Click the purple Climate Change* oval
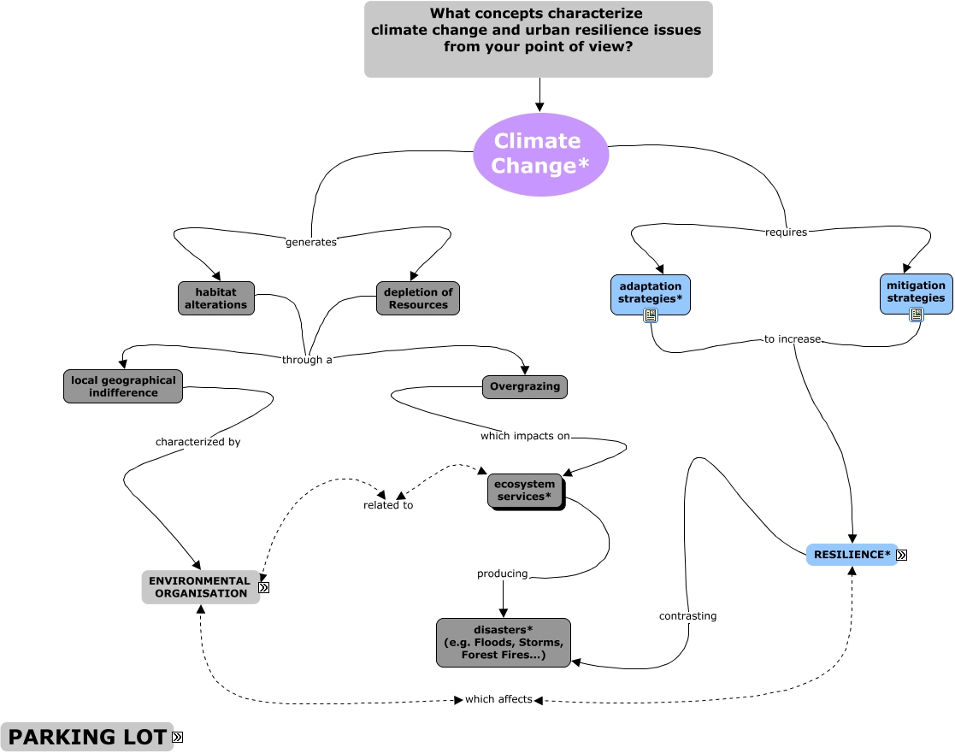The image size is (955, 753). click(540, 154)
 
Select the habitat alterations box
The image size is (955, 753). click(216, 298)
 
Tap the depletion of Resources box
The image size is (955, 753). click(418, 298)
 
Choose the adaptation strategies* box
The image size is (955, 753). click(650, 293)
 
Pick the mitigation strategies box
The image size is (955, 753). click(916, 292)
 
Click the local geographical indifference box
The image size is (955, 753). click(123, 386)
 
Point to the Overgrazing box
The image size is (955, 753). click(525, 386)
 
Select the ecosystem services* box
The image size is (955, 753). click(525, 491)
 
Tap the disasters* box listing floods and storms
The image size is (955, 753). click(503, 643)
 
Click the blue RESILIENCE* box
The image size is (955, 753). click(852, 555)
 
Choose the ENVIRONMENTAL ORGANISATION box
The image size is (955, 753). click(200, 587)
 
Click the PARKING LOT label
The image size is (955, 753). click(86, 737)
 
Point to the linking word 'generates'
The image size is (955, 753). click(311, 242)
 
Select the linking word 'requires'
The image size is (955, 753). click(786, 232)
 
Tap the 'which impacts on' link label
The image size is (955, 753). click(525, 436)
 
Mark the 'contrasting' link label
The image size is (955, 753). click(687, 615)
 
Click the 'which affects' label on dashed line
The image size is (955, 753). click(498, 699)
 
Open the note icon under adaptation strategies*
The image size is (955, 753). click(651, 315)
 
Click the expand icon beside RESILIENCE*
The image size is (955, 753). click(901, 555)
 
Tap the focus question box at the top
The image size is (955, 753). click(539, 39)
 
